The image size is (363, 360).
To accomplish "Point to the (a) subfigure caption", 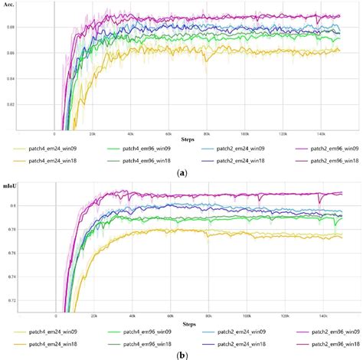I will point(181,173).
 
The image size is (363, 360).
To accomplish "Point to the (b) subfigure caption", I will point(181,355).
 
